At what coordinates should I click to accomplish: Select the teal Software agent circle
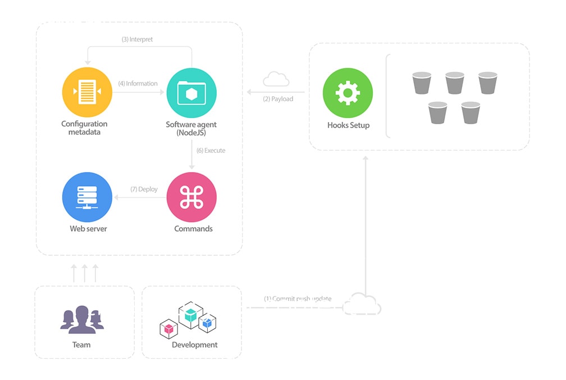tap(192, 93)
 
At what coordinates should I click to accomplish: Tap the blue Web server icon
tap(87, 197)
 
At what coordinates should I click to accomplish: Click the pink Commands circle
tap(192, 197)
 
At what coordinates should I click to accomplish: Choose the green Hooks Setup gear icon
tap(348, 93)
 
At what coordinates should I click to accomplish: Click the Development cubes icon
tap(189, 320)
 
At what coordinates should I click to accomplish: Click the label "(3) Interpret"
tap(137, 40)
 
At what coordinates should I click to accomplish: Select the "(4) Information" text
tap(138, 84)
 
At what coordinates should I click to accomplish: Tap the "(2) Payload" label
tap(278, 99)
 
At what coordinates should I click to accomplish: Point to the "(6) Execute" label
tap(211, 151)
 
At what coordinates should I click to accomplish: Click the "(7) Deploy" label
tap(144, 189)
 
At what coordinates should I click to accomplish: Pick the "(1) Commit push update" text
tap(298, 298)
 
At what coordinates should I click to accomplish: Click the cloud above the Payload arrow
tap(276, 80)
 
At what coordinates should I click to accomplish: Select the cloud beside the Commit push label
tap(362, 305)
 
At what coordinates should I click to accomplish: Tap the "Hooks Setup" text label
tap(348, 125)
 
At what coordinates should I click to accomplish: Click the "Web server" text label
tap(88, 229)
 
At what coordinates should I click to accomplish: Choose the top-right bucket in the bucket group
tap(488, 83)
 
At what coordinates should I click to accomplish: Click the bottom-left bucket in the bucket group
tap(437, 112)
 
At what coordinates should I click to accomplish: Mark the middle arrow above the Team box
tap(84, 273)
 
